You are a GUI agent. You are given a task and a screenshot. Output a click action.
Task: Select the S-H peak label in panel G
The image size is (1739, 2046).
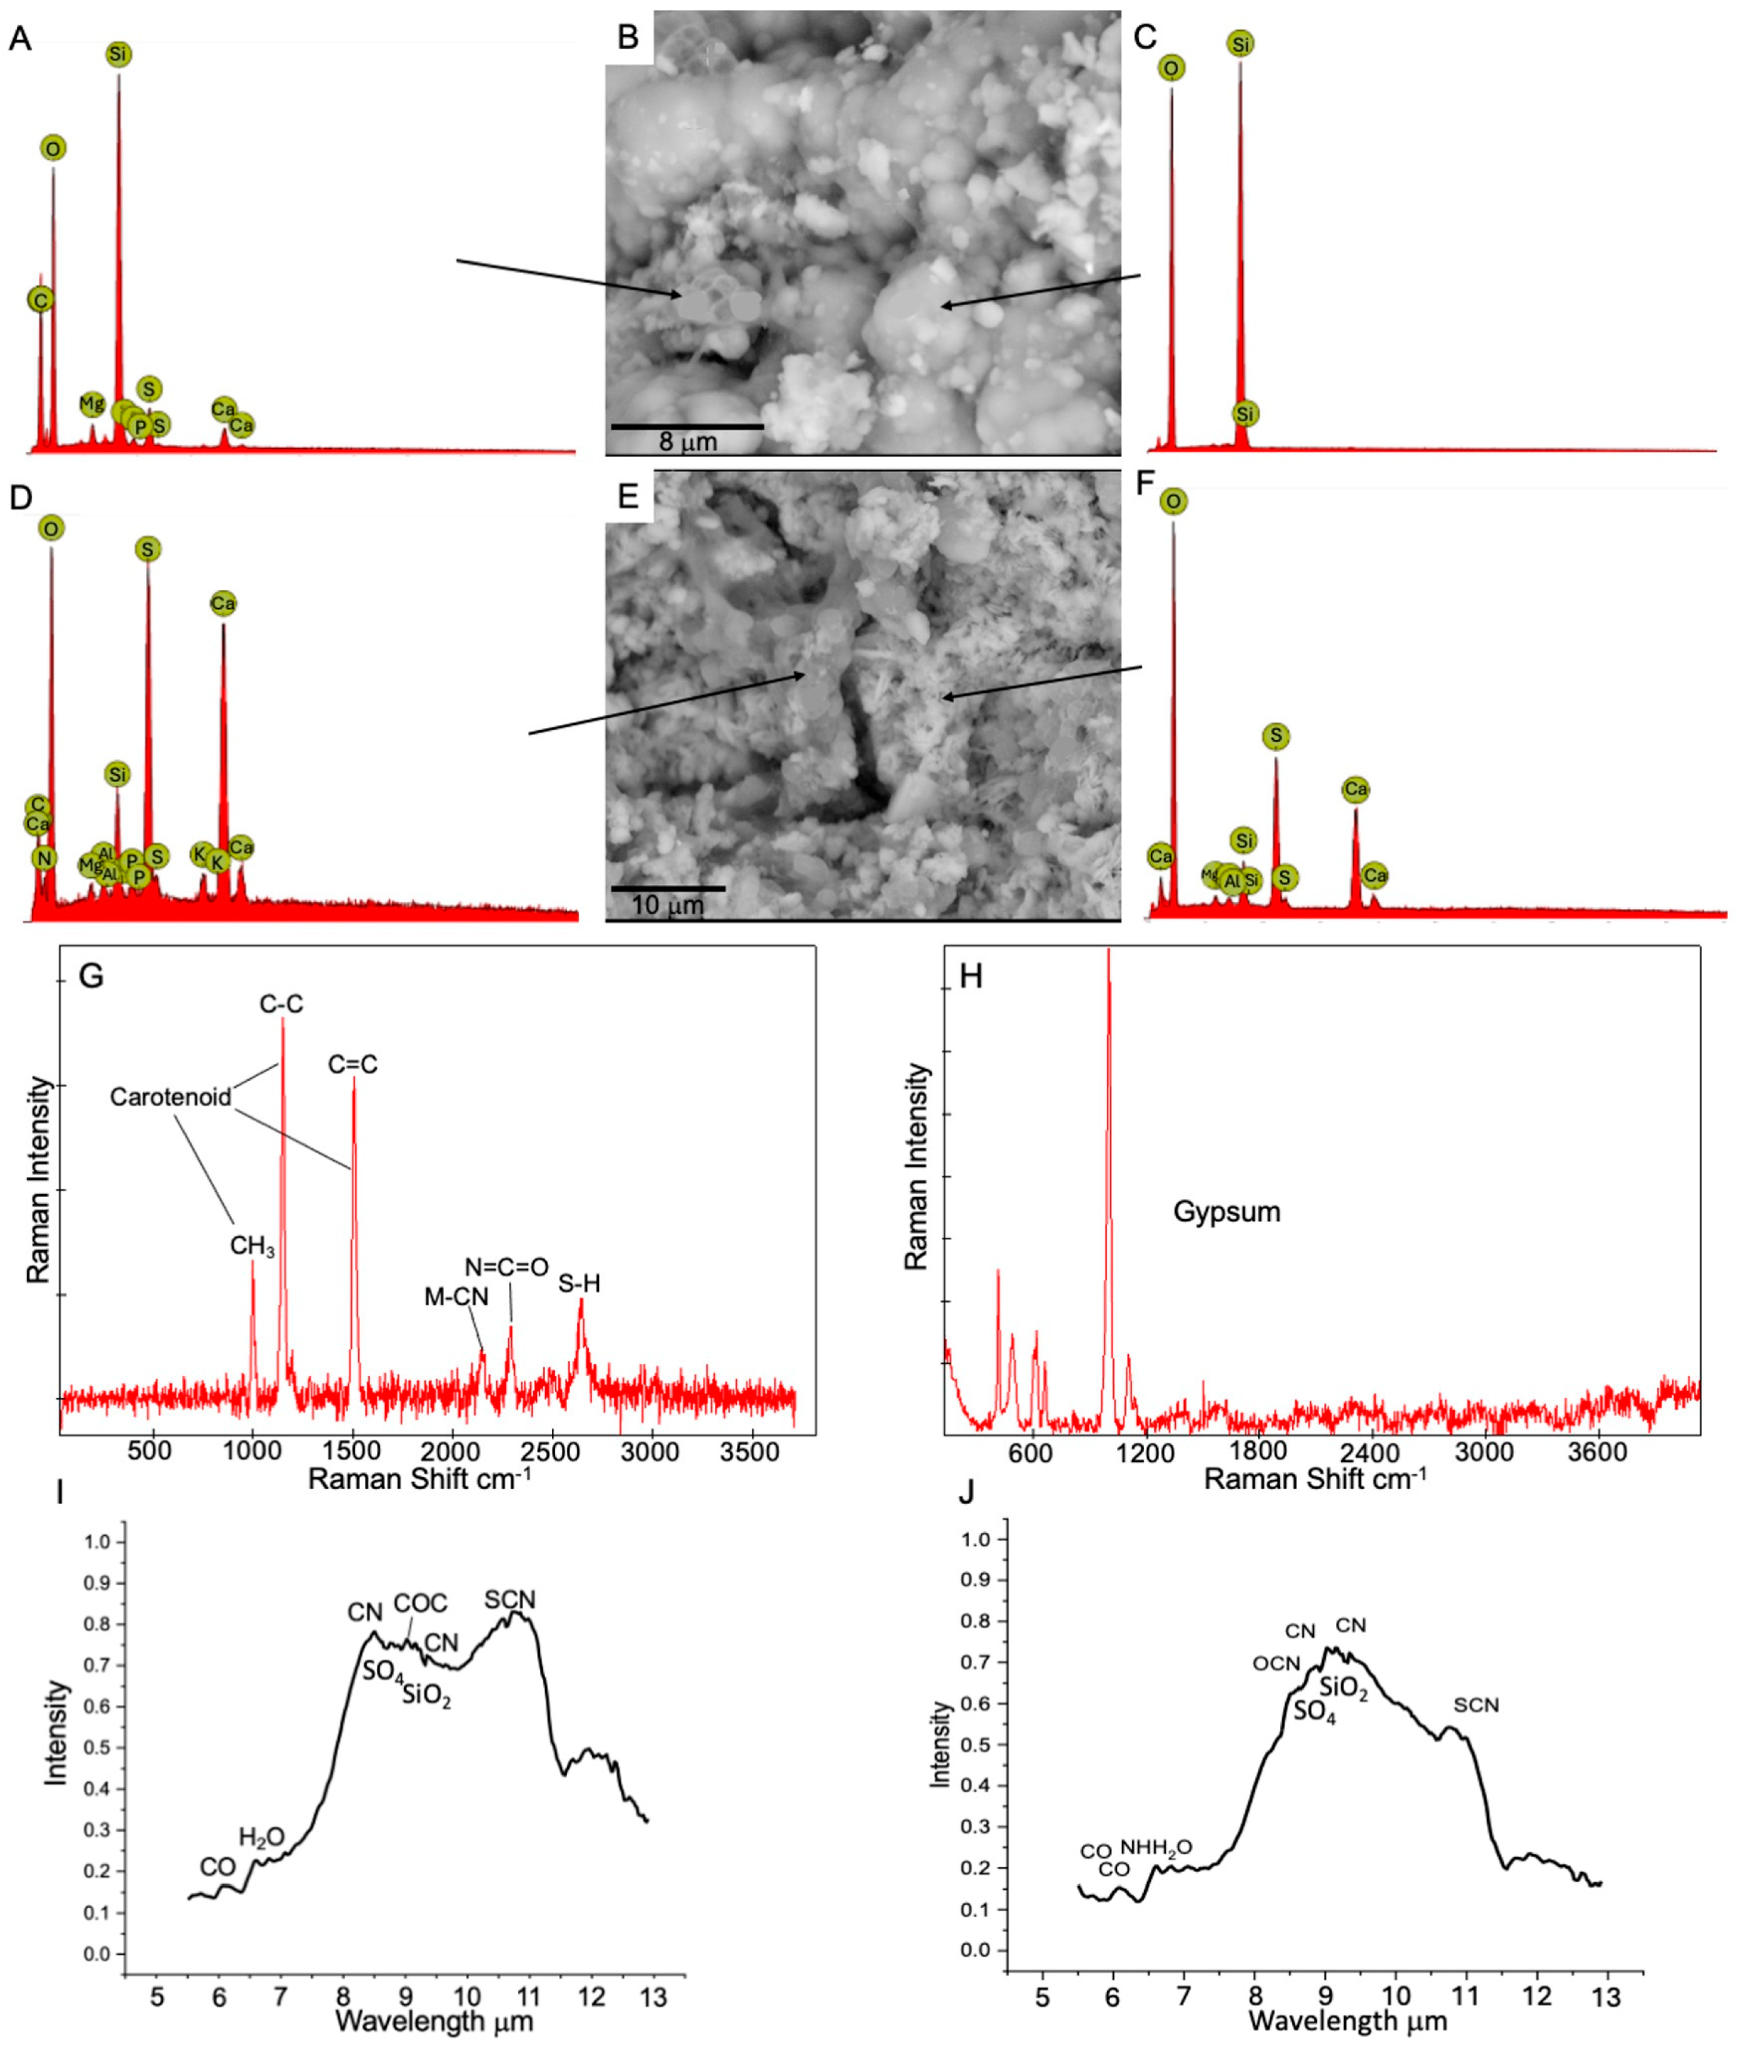pos(579,1284)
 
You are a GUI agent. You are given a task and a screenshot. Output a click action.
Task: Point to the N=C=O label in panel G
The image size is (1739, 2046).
pos(507,1267)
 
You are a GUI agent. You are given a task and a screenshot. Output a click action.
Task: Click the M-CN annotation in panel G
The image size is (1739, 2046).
pos(456,1298)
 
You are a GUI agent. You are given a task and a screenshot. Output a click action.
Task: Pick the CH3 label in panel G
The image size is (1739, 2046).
pos(253,1246)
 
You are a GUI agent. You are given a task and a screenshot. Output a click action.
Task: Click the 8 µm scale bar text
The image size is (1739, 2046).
pos(687,442)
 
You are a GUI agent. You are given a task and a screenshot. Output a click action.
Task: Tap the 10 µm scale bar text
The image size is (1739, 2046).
pos(668,905)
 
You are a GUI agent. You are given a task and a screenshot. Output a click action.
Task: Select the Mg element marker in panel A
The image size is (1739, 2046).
pos(92,403)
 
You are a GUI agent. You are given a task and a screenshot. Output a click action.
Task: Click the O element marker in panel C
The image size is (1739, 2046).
pos(1171,68)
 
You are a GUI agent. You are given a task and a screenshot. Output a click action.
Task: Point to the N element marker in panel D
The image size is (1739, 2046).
pos(43,859)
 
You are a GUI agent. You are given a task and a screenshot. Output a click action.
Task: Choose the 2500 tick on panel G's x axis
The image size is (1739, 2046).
pos(552,1452)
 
